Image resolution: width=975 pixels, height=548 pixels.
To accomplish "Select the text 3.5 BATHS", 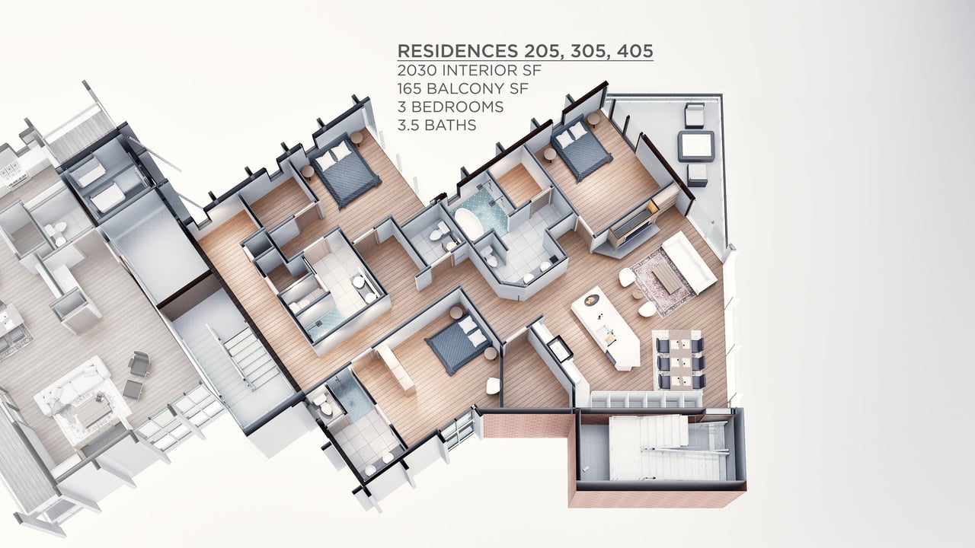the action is click(x=436, y=126).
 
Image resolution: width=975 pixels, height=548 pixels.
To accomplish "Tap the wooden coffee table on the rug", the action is click(x=666, y=279).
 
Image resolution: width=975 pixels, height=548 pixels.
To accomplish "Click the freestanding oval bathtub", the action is click(x=470, y=224).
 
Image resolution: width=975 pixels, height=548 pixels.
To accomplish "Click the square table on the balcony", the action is click(x=695, y=146).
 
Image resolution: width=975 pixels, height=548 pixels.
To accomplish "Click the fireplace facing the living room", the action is click(x=632, y=231).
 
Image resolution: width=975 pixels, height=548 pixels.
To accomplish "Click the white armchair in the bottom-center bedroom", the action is click(x=493, y=386).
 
